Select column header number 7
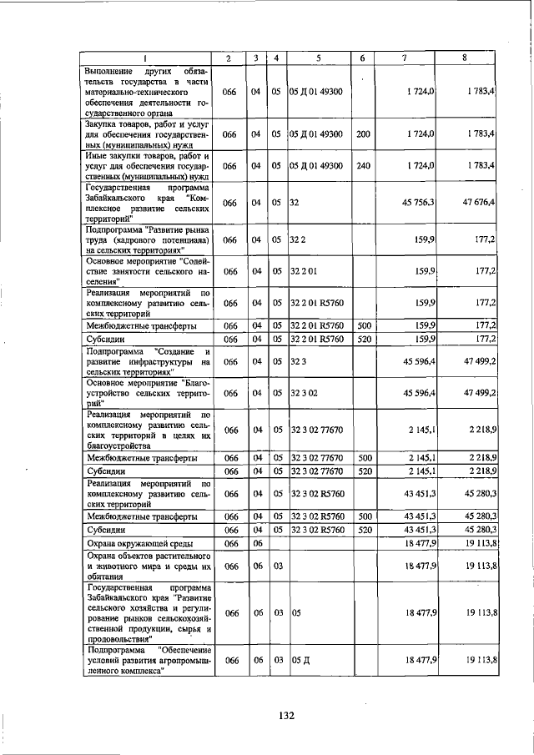tap(403, 58)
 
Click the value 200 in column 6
tap(363, 133)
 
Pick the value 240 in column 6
tap(363, 166)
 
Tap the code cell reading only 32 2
tap(298, 239)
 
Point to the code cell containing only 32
tap(295, 203)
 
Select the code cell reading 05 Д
tap(299, 660)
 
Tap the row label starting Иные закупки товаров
tap(146, 166)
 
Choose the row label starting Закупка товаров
tap(146, 133)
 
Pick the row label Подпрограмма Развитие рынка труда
tap(146, 239)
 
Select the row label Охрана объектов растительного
tap(146, 566)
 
